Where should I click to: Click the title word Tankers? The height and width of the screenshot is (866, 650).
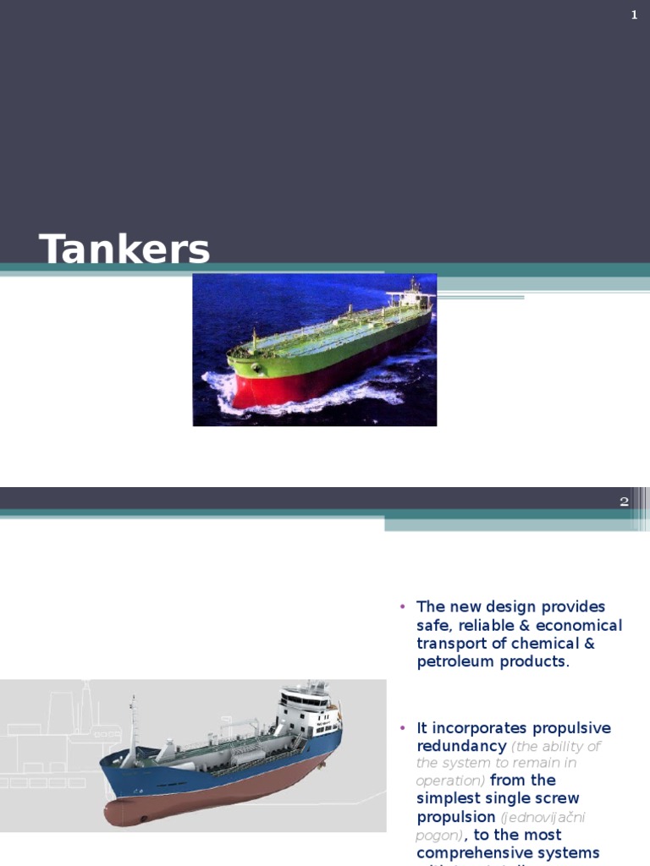point(124,250)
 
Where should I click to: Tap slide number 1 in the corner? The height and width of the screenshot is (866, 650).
point(634,14)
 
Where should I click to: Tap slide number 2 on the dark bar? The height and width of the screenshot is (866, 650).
point(624,502)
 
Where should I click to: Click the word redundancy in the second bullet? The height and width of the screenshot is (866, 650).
point(461,746)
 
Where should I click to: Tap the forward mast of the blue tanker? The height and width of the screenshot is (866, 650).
point(133,719)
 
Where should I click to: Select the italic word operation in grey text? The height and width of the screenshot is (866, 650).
point(449,781)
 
